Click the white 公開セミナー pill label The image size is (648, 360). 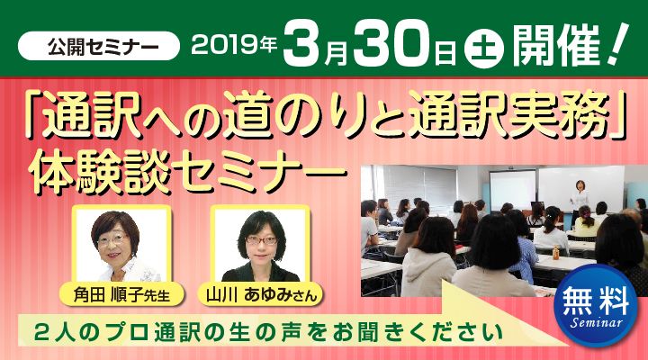click(98, 46)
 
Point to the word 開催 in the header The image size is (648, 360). click(556, 46)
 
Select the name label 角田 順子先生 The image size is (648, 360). click(121, 294)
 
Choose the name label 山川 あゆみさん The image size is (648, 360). click(261, 294)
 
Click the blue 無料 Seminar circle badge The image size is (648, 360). click(596, 306)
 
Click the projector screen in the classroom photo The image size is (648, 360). click(512, 190)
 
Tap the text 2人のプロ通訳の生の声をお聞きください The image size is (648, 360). click(268, 333)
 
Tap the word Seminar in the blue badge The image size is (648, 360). click(596, 321)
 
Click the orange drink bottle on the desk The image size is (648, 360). click(556, 252)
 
